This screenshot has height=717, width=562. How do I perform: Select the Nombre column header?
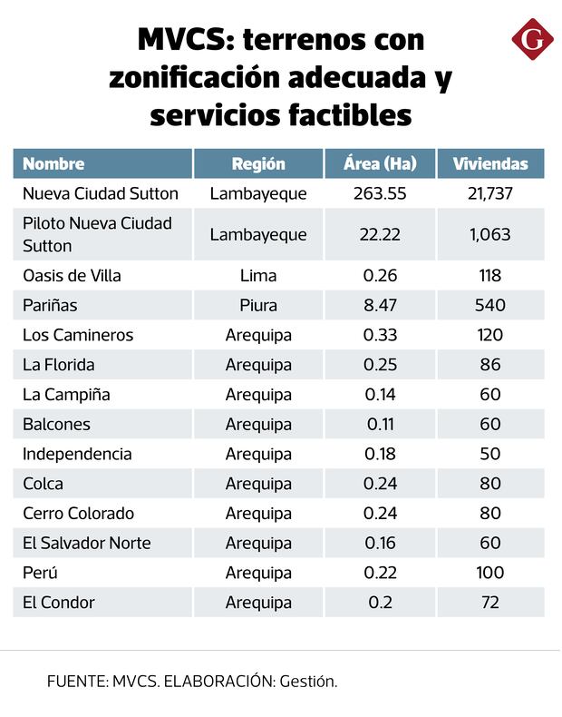53,164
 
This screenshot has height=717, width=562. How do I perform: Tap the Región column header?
258,164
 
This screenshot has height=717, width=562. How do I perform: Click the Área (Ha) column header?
380,164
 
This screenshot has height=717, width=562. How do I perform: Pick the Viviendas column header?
489,164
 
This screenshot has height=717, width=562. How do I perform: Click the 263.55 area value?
380,193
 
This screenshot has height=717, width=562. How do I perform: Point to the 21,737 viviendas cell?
489,193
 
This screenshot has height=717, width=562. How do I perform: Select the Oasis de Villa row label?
72,275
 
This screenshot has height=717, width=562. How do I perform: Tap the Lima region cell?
258,275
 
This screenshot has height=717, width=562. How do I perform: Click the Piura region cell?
258,305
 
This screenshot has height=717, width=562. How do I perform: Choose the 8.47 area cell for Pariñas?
380,305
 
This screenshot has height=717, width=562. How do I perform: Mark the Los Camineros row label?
78,335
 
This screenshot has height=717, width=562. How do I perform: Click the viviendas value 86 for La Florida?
489,365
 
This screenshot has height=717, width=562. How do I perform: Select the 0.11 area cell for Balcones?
380,424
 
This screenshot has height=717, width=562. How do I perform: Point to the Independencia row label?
77,454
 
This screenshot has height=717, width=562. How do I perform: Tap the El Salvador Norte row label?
87,543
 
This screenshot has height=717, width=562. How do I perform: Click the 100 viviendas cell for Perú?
489,573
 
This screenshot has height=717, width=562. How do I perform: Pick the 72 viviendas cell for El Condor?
489,603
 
